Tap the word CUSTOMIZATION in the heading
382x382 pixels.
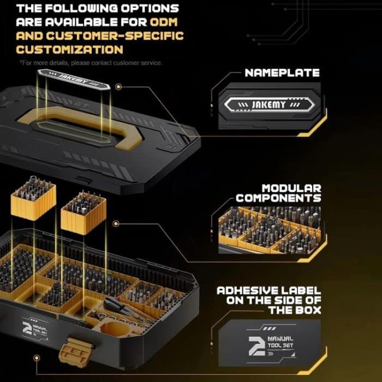tap(70, 50)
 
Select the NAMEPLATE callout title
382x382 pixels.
tap(282, 73)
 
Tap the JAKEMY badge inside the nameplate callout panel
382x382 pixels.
tap(269, 104)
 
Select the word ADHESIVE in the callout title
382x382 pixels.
tap(248, 290)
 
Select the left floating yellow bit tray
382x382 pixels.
tap(32, 200)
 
